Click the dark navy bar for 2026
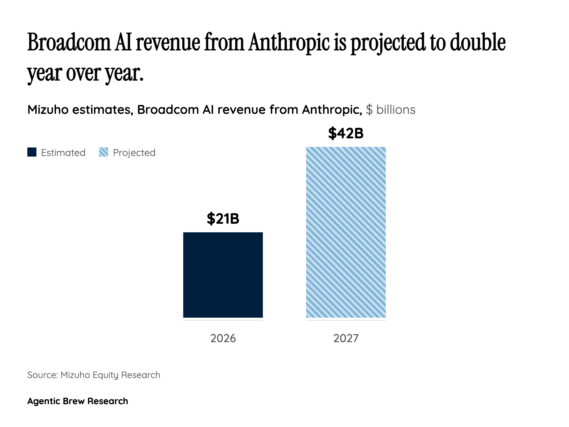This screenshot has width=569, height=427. [x=223, y=275]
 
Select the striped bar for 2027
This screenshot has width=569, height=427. [x=346, y=232]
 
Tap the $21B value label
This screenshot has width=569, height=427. [x=223, y=219]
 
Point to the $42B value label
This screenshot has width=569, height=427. [x=346, y=133]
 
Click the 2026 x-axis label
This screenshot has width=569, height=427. [x=223, y=338]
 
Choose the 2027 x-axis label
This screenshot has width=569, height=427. [x=346, y=338]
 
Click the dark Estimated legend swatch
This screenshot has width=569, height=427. [x=32, y=152]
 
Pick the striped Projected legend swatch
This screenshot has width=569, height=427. [x=104, y=152]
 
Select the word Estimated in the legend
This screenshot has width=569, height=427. [x=63, y=153]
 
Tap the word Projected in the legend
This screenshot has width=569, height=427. [x=134, y=153]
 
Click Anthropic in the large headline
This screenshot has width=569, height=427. [x=288, y=43]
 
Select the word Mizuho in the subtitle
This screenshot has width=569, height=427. [x=48, y=110]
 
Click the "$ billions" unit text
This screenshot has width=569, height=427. [x=391, y=110]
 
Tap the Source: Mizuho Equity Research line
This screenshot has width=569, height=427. [x=94, y=375]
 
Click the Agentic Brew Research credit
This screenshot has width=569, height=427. [x=78, y=401]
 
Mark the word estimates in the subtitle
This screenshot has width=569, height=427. [x=103, y=110]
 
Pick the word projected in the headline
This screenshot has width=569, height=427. [x=388, y=43]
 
